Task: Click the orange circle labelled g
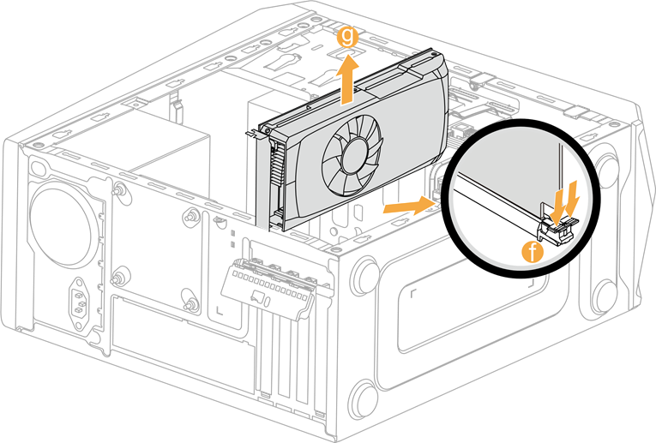(x=346, y=36)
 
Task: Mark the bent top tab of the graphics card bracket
(x=254, y=133)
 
